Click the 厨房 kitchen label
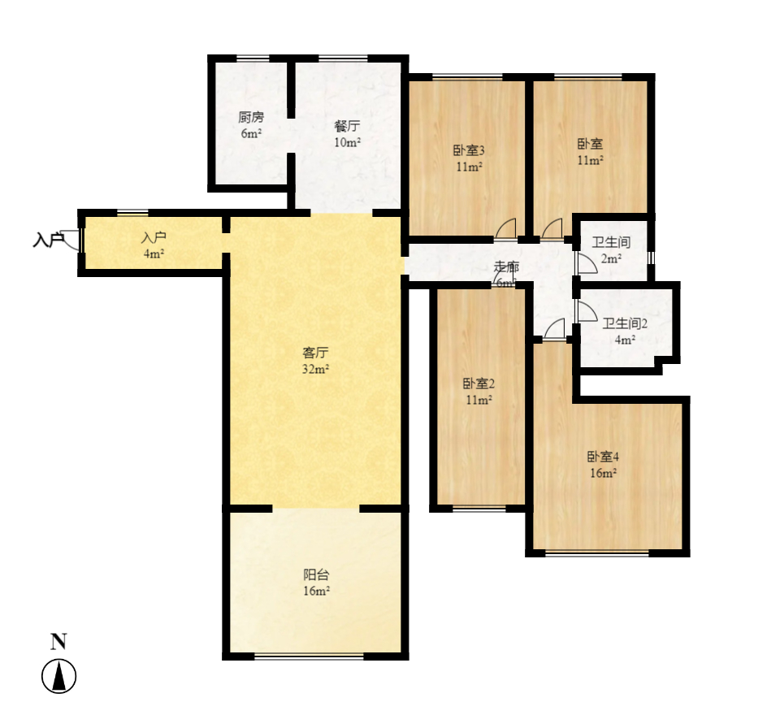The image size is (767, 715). tap(251, 117)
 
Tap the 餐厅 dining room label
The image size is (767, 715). tap(347, 126)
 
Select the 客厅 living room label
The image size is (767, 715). tap(315, 353)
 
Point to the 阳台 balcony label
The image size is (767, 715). tap(316, 574)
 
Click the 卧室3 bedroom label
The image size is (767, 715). tap(469, 150)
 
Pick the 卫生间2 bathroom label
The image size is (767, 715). tap(625, 323)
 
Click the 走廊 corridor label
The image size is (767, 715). tap(507, 267)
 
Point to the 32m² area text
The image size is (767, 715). tap(316, 369)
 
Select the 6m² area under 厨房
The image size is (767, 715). tap(251, 133)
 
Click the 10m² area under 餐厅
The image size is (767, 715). tap(347, 142)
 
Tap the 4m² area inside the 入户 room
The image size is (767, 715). tap(154, 253)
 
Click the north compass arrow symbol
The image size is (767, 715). tap(58, 676)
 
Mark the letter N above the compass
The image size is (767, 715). tap(58, 642)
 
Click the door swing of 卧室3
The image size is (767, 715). tap(506, 229)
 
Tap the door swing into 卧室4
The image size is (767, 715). tap(555, 328)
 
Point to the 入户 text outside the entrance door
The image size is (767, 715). tap(48, 240)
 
